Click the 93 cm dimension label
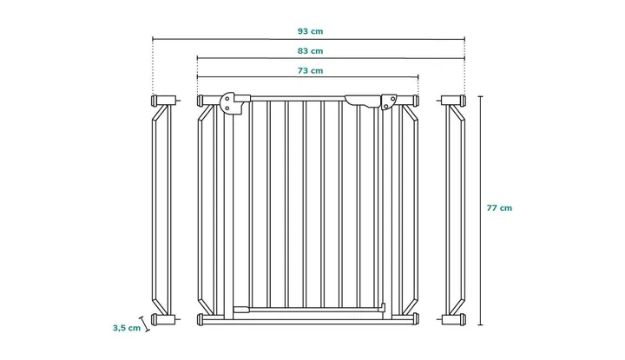310,31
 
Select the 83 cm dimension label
310,51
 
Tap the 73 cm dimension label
310,71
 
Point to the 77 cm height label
499,208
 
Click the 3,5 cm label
127,328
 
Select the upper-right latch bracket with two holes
389,101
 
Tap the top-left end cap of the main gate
200,101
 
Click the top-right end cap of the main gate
417,100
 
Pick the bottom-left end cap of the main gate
200,319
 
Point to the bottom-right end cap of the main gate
417,319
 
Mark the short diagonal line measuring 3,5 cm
144,324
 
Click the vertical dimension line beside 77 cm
481,211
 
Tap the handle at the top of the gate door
362,101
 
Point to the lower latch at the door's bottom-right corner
383,308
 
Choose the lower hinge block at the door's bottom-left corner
241,309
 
